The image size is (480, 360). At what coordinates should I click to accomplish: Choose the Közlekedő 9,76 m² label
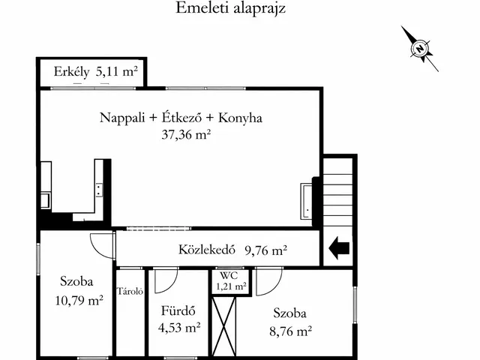click(x=232, y=250)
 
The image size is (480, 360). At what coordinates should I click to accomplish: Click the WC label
click(x=229, y=275)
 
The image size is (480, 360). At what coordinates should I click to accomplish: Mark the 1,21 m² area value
click(x=230, y=286)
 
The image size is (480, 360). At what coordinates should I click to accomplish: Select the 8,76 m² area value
click(x=291, y=329)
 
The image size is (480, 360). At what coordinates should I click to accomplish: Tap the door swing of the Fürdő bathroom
click(x=165, y=279)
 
